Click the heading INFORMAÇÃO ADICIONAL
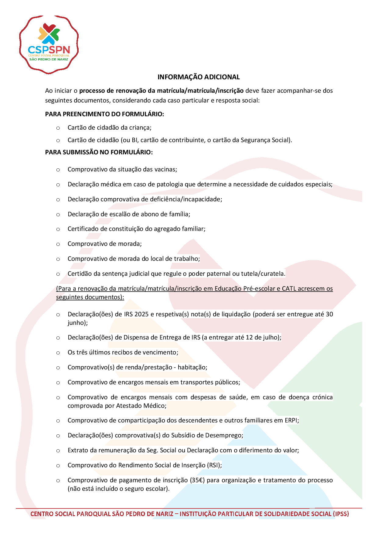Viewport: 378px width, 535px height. [x=198, y=77]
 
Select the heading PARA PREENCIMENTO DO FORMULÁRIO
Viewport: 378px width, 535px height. [x=105, y=114]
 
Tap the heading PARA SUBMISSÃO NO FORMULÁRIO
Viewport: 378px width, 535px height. [x=99, y=152]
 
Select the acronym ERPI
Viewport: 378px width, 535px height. [x=291, y=420]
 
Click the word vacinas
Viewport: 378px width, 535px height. [x=166, y=169]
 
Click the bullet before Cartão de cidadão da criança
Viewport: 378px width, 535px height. [x=58, y=128]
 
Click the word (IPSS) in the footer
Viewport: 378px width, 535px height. [x=341, y=514]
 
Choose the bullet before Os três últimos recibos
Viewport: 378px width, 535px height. [x=58, y=353]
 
